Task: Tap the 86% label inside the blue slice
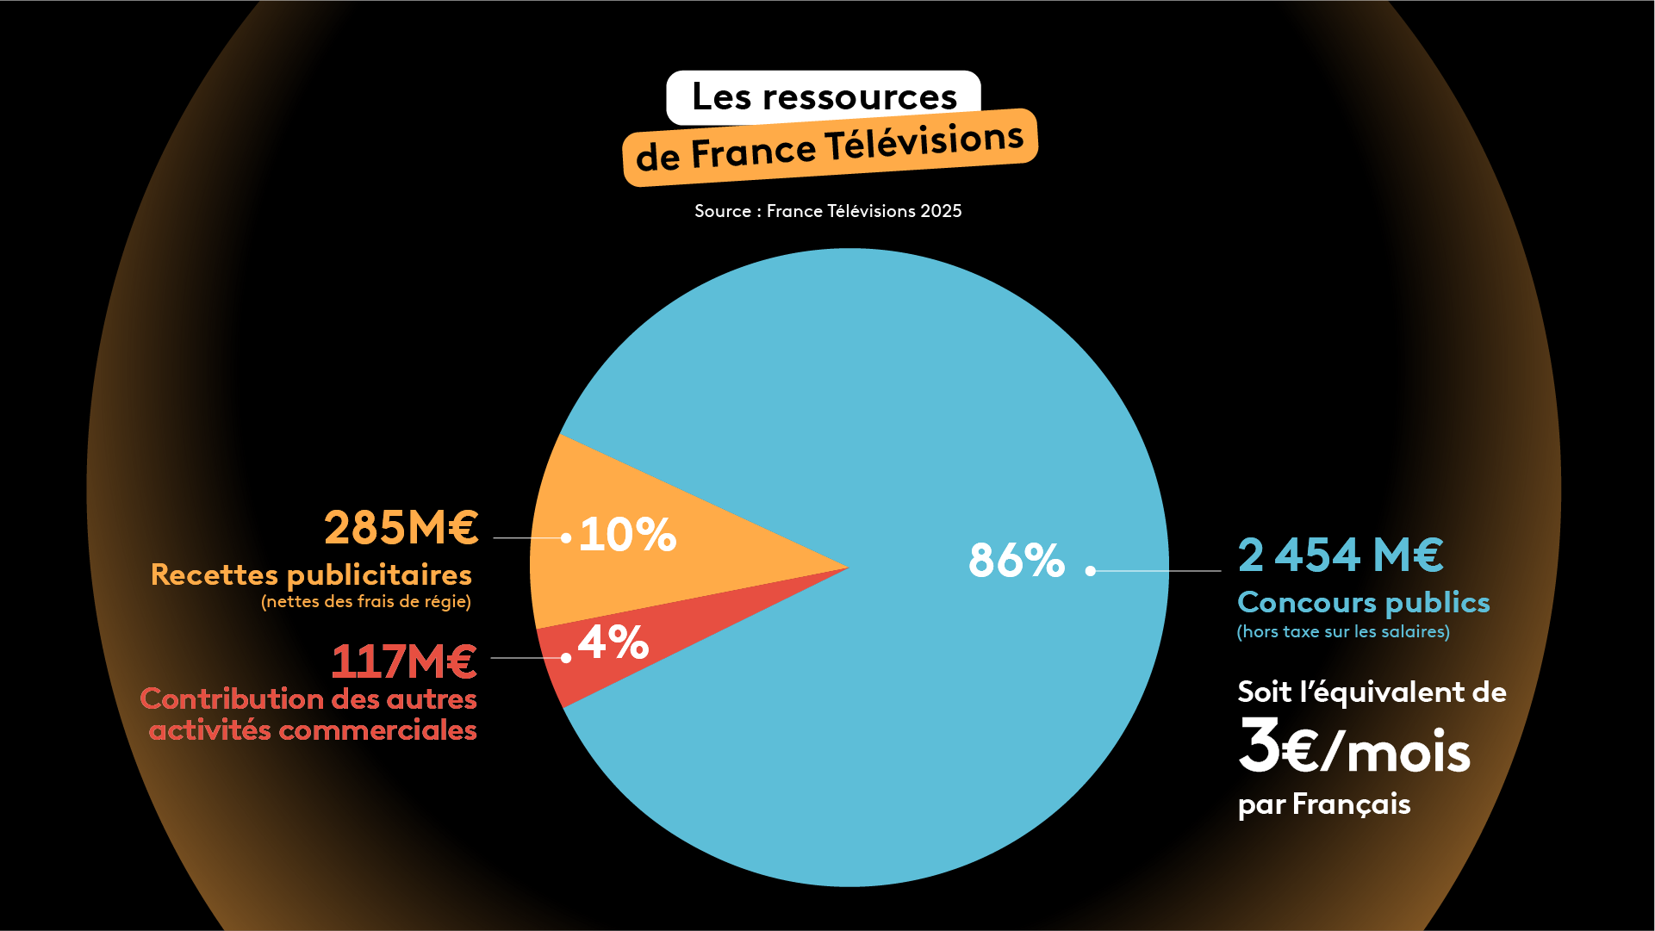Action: tap(1017, 560)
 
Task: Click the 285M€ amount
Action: tap(401, 527)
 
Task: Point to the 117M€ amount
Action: tap(403, 661)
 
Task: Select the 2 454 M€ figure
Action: tap(1341, 555)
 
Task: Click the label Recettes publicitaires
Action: tap(311, 574)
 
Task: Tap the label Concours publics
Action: tap(1363, 602)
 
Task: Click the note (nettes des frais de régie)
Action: tap(366, 601)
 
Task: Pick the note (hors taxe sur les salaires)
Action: tap(1343, 631)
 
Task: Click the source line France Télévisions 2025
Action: tap(828, 211)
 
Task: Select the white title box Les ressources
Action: tap(824, 96)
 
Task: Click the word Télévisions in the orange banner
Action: tap(924, 143)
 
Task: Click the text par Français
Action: tap(1324, 804)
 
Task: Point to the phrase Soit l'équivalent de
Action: tap(1372, 692)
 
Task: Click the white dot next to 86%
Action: tap(1091, 570)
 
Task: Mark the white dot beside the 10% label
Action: tap(566, 538)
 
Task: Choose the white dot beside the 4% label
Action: tap(566, 658)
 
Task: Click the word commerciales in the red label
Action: tap(377, 730)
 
